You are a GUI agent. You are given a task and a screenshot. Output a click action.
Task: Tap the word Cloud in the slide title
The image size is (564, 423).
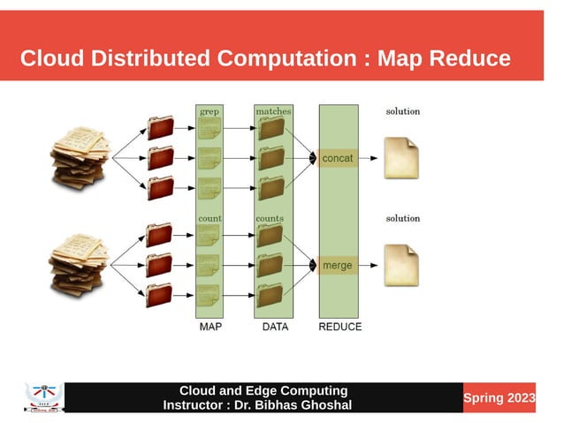52,59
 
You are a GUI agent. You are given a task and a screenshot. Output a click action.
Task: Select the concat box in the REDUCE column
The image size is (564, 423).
337,158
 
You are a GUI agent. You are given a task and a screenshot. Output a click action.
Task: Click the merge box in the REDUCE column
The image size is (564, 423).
337,265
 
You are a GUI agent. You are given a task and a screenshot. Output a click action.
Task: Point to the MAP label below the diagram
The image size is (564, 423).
210,327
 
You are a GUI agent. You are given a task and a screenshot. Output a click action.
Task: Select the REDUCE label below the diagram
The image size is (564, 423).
339,327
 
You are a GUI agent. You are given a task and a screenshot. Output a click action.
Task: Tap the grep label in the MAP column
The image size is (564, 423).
210,112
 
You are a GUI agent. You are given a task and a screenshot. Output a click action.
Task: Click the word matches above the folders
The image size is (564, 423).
273,112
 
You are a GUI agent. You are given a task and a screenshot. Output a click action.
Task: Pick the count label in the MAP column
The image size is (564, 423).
210,218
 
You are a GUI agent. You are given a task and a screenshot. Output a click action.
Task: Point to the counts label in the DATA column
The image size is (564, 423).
270,218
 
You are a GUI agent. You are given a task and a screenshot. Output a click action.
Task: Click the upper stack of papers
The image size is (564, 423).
80,158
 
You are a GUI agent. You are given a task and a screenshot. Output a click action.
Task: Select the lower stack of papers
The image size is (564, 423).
80,264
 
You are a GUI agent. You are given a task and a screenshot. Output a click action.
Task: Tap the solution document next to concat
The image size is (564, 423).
401,158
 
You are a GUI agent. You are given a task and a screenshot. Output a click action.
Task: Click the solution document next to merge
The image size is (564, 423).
401,265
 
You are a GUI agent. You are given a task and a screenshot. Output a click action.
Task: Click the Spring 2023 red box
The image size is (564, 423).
499,398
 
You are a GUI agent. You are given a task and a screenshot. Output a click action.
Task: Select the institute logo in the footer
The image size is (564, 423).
44,398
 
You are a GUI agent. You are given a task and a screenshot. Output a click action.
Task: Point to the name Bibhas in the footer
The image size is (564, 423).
282,405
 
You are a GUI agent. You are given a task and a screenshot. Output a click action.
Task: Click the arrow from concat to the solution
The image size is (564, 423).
370,159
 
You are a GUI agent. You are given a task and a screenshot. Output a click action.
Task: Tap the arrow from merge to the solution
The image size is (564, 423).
370,265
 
